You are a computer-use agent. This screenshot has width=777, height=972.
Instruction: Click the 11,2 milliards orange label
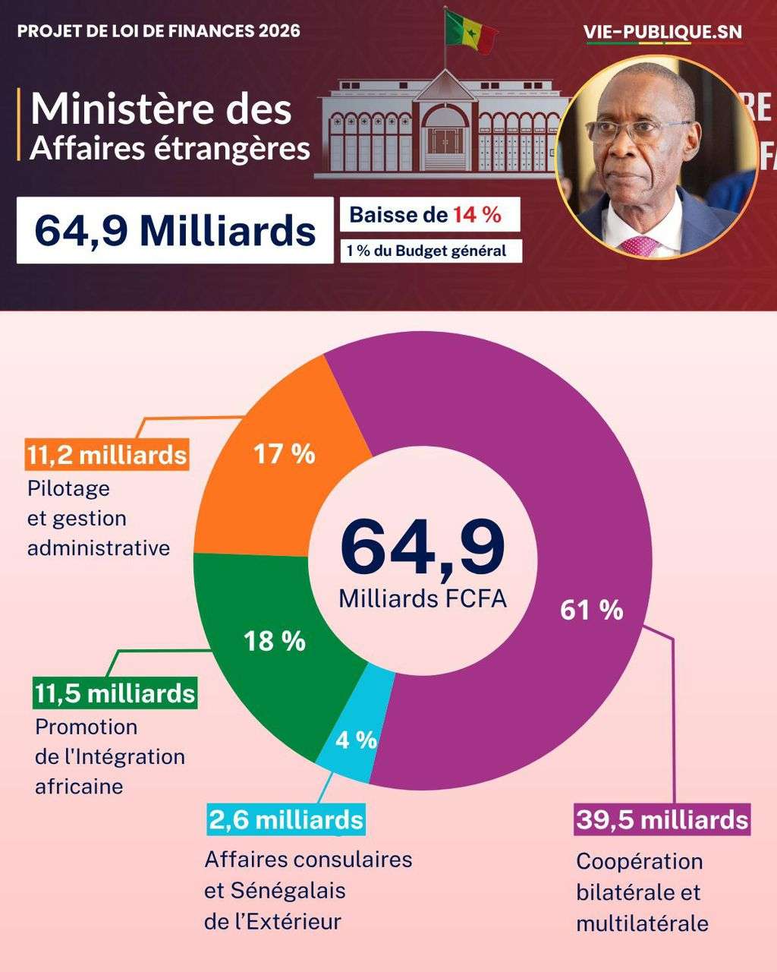pos(107,455)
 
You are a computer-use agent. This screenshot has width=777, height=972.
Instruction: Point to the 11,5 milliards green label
pos(115,693)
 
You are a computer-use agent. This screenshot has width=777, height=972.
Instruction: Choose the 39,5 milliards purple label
pos(662,820)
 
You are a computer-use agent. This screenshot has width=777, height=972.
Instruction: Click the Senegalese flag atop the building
pos(470,32)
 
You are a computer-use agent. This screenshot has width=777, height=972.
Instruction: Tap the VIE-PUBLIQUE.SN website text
pos(663,32)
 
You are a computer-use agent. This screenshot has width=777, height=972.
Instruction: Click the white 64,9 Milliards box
pos(175,230)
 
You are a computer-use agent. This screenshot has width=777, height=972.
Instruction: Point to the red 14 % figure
pos(477,215)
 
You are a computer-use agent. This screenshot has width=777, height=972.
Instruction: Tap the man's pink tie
pos(639,245)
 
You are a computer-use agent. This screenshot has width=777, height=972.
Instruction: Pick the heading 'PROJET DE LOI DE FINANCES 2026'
pos(159,31)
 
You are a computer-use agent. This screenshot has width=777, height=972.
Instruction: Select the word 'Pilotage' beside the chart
pos(68,488)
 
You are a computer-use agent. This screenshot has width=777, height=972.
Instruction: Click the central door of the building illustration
pos(445,140)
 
